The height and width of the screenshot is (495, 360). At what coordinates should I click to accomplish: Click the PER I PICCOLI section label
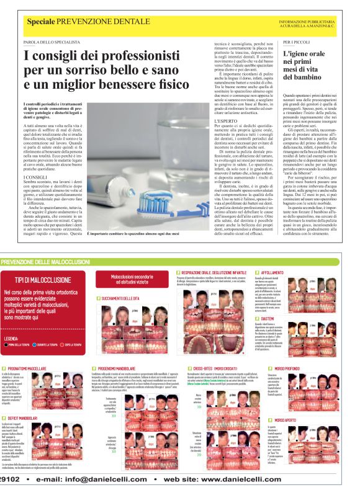tap(297, 42)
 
